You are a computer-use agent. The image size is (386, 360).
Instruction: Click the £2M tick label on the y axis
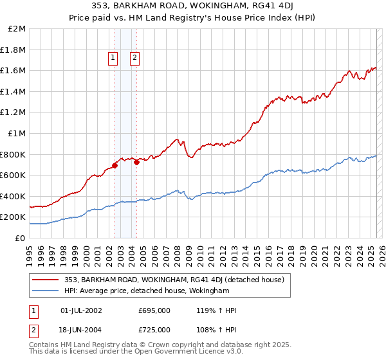pos(17,29)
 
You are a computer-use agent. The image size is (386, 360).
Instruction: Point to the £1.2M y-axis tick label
pos(14,113)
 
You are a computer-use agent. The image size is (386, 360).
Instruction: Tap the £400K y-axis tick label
pos(14,196)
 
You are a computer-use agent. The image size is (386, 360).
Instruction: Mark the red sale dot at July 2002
pos(115,165)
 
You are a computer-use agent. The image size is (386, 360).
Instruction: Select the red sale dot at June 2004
pos(137,162)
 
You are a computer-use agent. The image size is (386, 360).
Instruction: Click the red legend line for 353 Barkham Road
pos(46,279)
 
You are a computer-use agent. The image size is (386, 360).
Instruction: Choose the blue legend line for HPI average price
pos(46,291)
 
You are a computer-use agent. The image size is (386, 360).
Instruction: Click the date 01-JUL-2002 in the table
pos(80,310)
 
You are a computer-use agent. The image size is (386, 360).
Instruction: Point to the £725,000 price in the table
pos(154,329)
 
